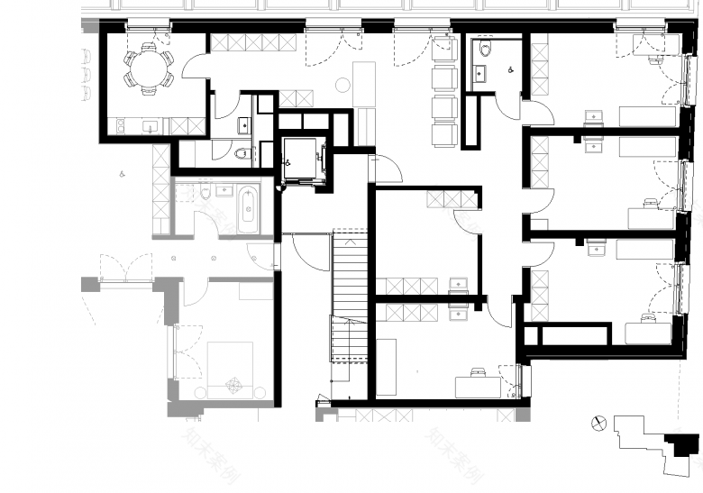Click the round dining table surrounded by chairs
149,68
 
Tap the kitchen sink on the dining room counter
150,126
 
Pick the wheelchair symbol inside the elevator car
290,163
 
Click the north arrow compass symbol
596,422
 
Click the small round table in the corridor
342,86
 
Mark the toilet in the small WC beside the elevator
241,153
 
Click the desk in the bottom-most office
477,387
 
